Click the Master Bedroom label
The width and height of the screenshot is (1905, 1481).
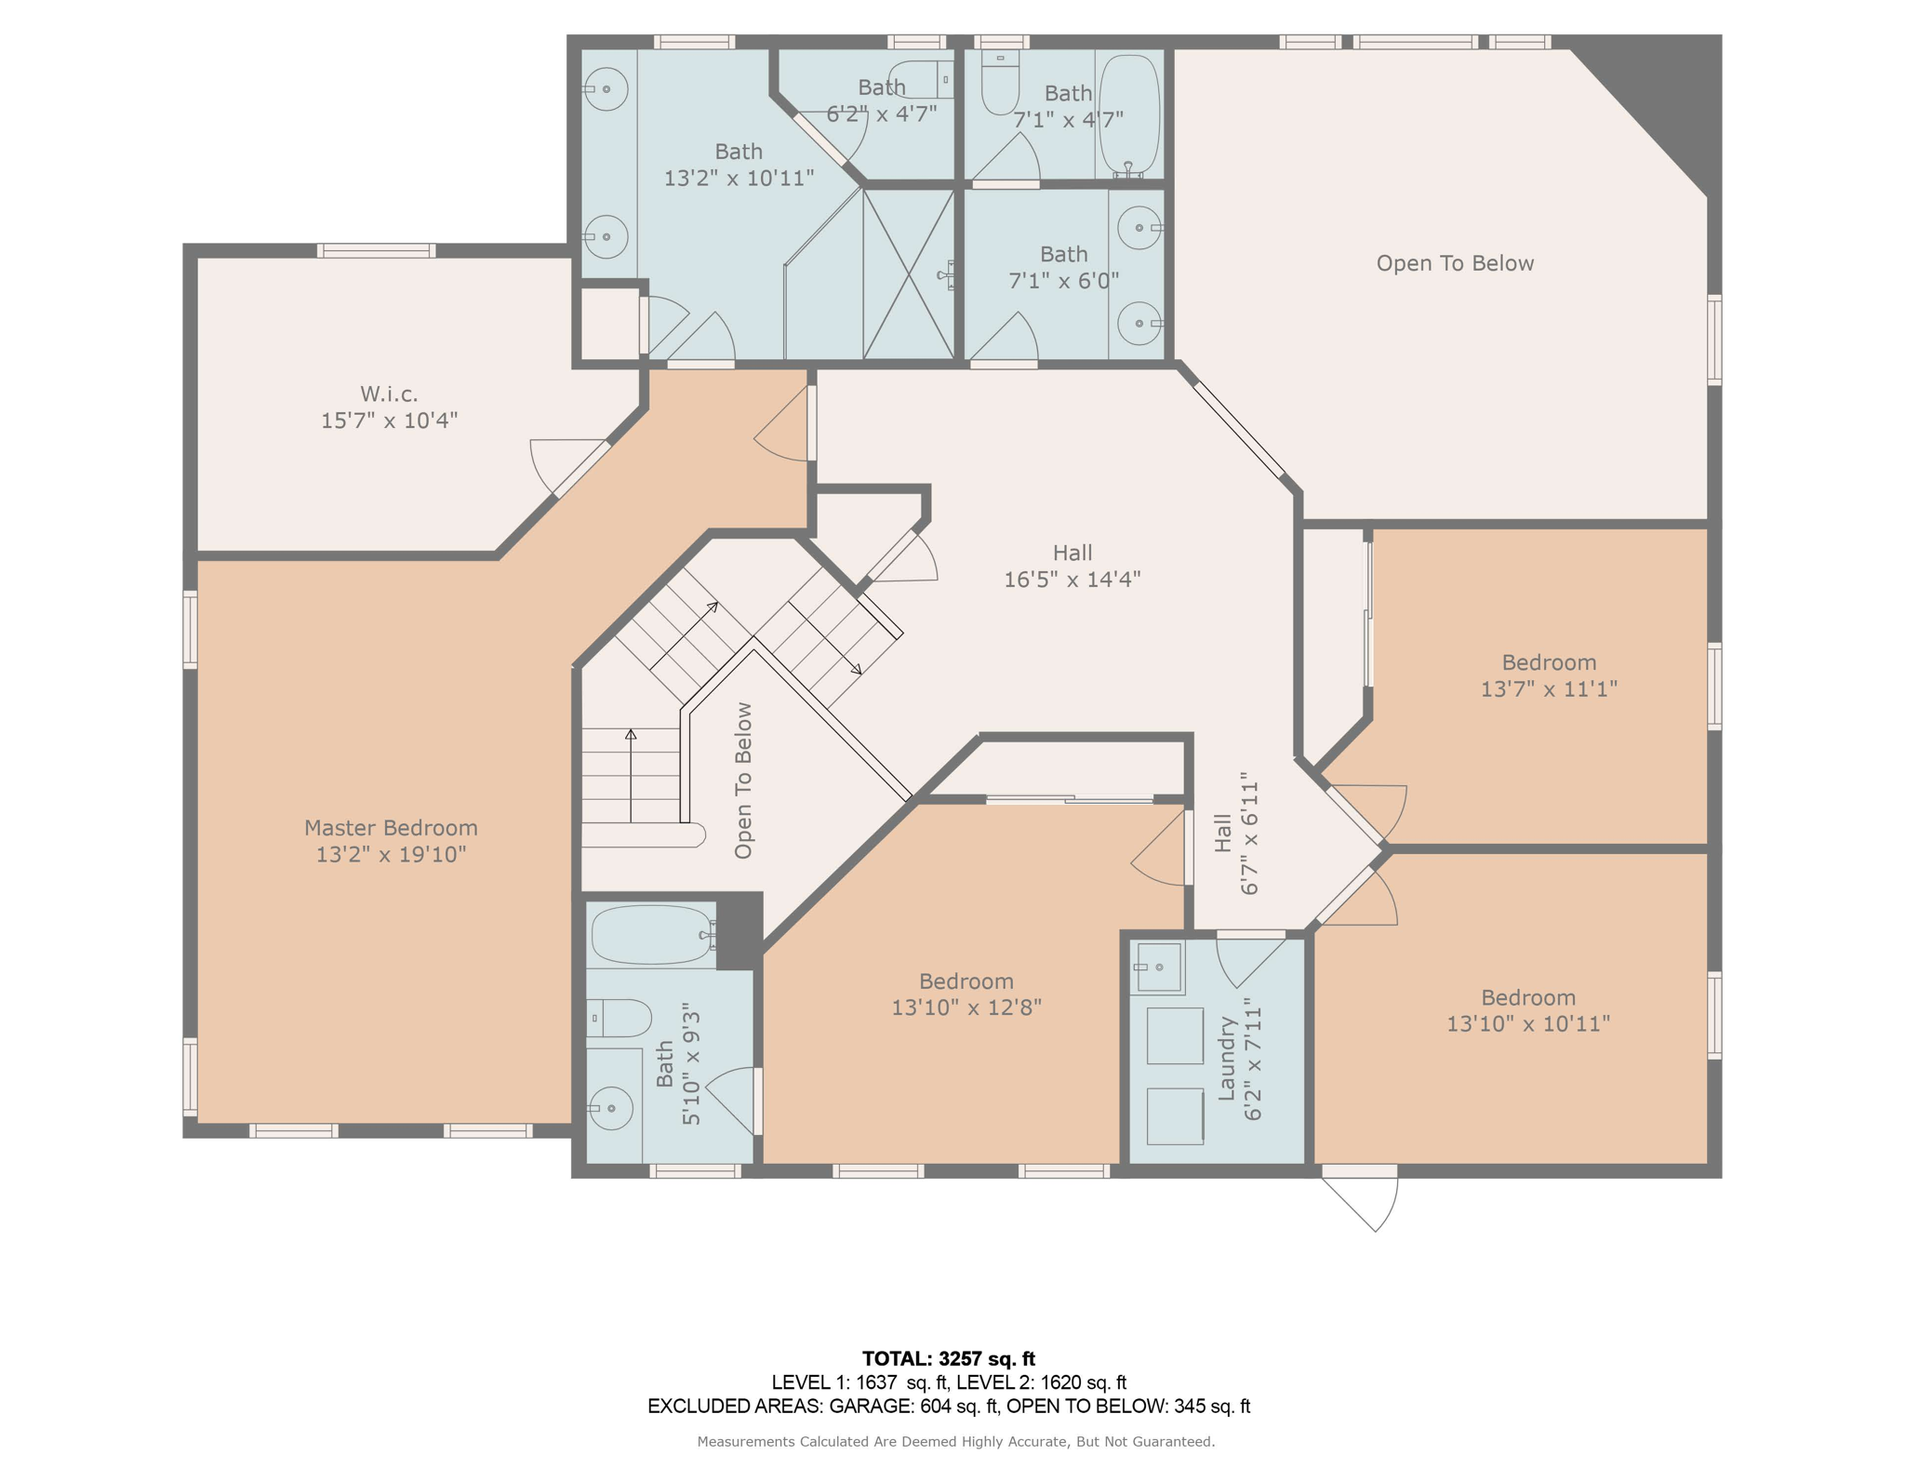(391, 840)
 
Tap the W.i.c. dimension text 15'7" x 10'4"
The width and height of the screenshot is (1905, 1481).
(389, 420)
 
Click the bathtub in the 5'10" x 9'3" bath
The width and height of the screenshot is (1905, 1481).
(653, 934)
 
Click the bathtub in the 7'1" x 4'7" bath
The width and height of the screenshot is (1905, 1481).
(1129, 114)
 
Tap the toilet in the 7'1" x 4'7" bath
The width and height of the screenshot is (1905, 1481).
(1001, 82)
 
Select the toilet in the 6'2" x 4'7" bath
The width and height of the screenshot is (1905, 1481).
(921, 80)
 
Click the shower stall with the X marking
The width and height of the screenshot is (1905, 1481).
(908, 274)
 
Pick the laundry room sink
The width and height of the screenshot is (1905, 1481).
(1157, 967)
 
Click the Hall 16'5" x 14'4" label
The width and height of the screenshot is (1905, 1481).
(1072, 566)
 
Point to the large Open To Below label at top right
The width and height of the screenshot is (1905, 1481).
(1455, 263)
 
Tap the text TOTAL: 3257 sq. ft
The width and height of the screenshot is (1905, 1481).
(948, 1358)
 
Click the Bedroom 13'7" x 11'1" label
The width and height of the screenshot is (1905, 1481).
(1549, 675)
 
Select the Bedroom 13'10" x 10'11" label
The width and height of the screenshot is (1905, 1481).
(1528, 1010)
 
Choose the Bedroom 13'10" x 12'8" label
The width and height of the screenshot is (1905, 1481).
(966, 994)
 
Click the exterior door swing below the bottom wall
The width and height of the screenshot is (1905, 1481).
(1361, 1200)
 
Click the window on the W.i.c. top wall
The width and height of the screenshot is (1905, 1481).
(376, 250)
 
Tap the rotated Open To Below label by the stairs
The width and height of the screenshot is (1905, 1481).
(743, 781)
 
